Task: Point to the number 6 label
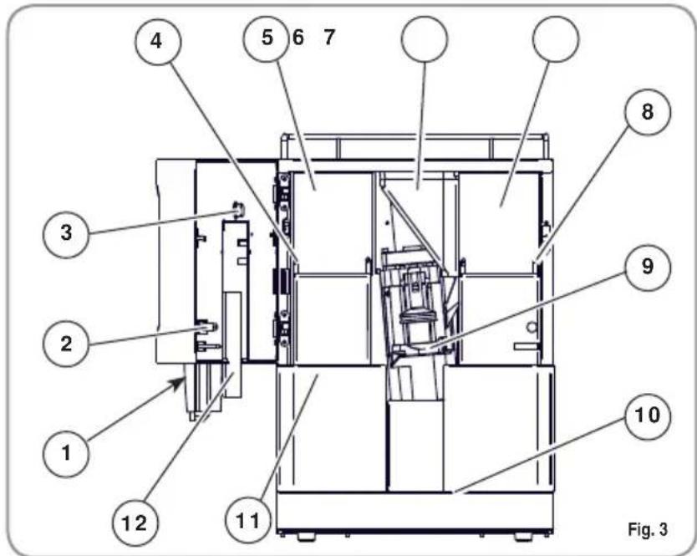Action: (298, 38)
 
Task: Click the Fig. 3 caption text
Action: (647, 526)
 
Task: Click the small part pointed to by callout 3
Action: (236, 208)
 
